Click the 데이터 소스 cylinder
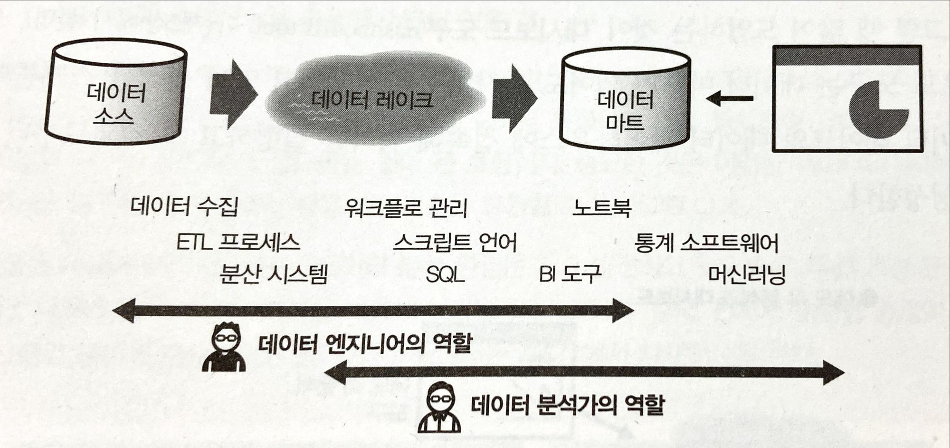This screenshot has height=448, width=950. (x=115, y=92)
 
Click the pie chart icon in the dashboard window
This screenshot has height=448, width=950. (x=877, y=110)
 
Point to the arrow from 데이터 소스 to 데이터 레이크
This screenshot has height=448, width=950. (x=233, y=95)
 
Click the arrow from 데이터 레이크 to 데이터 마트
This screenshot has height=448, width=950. (x=514, y=98)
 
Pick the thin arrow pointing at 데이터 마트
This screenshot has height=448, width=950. (x=730, y=99)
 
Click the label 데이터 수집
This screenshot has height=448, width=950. (x=184, y=206)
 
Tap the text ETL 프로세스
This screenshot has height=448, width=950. (x=238, y=242)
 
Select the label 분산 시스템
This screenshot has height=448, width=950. (x=274, y=274)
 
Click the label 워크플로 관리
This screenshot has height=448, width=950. (x=406, y=208)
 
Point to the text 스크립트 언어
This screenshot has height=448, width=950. (x=455, y=243)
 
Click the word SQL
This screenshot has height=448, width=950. (x=445, y=274)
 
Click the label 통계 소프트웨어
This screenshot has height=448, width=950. (x=706, y=243)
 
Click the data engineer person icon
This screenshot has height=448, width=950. (x=224, y=347)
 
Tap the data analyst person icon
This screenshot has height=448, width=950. (x=439, y=407)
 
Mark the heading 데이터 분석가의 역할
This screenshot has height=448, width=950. (x=567, y=406)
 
